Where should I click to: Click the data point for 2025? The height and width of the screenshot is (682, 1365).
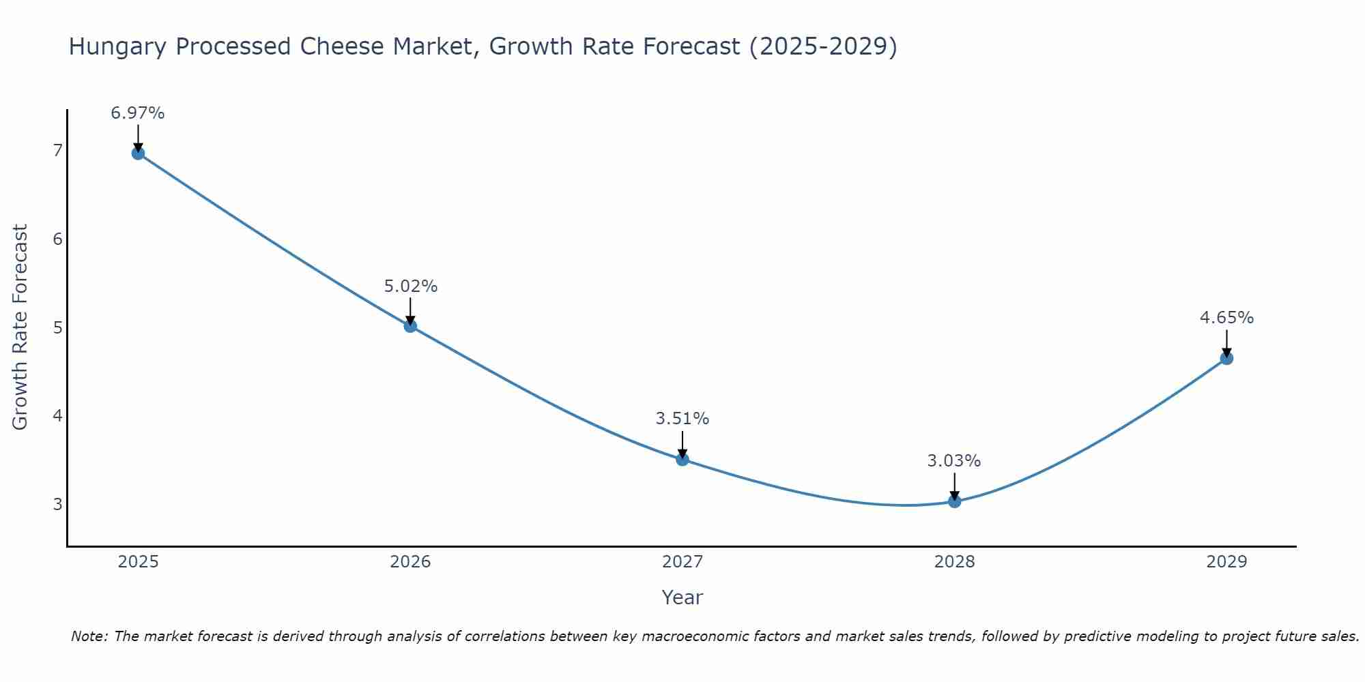pyautogui.click(x=138, y=153)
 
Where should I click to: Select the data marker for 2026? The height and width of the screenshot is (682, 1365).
pyautogui.click(x=410, y=326)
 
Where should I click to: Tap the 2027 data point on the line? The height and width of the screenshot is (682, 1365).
pyautogui.click(x=682, y=460)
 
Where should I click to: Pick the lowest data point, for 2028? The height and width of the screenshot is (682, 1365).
pyautogui.click(x=954, y=502)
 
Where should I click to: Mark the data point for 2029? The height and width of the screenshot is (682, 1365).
pyautogui.click(x=1226, y=359)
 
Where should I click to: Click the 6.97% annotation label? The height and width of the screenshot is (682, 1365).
pyautogui.click(x=138, y=113)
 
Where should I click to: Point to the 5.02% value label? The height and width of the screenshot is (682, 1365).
pyautogui.click(x=410, y=286)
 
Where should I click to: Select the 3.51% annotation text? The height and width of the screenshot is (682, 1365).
pyautogui.click(x=682, y=419)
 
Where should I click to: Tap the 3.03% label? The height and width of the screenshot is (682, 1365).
pyautogui.click(x=954, y=461)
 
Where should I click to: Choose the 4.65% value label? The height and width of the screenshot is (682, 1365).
pyautogui.click(x=1226, y=318)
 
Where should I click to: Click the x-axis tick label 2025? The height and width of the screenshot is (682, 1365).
pyautogui.click(x=138, y=562)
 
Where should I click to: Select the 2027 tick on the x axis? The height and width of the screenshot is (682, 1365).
pyautogui.click(x=682, y=562)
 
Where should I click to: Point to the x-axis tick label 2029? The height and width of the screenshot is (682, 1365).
pyautogui.click(x=1226, y=562)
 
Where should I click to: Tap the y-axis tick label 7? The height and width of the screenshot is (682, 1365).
pyautogui.click(x=57, y=151)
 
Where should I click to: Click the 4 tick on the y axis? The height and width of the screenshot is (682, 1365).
pyautogui.click(x=57, y=416)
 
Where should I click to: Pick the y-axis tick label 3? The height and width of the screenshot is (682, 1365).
pyautogui.click(x=57, y=505)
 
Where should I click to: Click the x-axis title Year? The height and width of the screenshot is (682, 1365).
pyautogui.click(x=682, y=597)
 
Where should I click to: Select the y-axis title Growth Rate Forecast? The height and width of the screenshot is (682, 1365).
pyautogui.click(x=20, y=327)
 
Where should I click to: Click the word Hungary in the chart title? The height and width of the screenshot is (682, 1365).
pyautogui.click(x=117, y=47)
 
